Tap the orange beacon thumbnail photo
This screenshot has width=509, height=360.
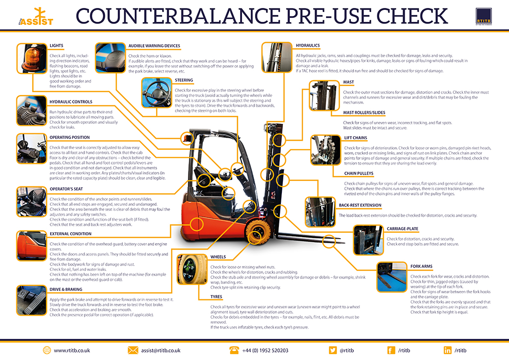pos(31,59)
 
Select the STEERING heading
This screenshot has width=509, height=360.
pos(184,80)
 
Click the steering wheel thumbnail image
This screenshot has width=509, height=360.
pos(157,92)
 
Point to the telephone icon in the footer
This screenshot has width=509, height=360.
pos(233,350)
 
